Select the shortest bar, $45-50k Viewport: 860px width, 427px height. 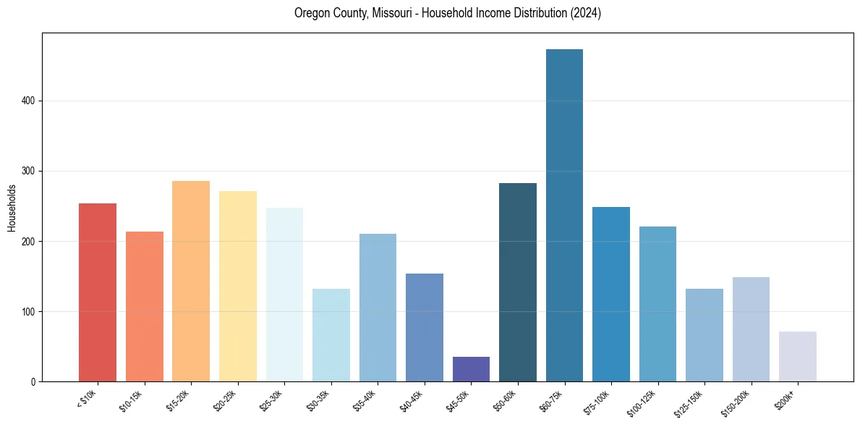pos(471,369)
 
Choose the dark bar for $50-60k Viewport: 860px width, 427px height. pos(518,282)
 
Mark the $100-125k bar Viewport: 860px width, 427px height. pos(657,304)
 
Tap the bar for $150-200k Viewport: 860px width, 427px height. pos(751,329)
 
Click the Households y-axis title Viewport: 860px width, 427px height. pos(12,207)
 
